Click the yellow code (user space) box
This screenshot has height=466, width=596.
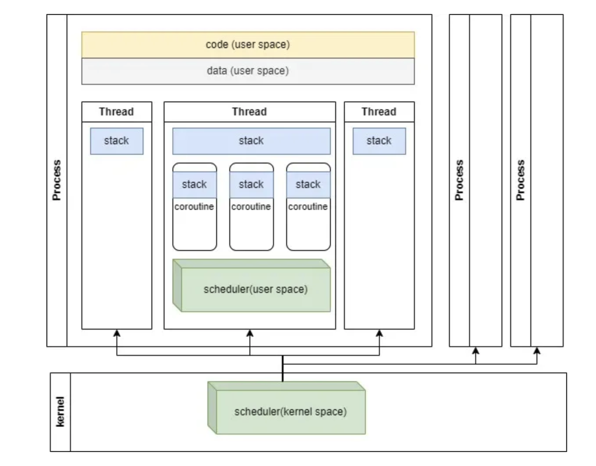coord(248,45)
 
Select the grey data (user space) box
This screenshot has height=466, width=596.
coord(248,71)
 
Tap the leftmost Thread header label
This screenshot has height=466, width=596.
coord(116,112)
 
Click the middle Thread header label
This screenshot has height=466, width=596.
coord(249,112)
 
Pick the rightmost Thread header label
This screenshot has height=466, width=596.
coord(379,112)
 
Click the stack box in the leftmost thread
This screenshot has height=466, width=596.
coord(116,141)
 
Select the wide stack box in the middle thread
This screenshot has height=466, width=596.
coord(251,141)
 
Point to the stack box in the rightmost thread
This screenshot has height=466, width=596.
coord(379,141)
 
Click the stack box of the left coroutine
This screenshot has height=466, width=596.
coord(194,184)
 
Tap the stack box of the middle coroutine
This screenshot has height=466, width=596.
coord(251,184)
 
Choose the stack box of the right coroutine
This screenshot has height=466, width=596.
coord(308,184)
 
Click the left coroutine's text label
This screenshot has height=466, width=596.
coord(194,207)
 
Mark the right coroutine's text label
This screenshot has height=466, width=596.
coord(308,207)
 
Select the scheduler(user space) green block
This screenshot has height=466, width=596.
coord(256,289)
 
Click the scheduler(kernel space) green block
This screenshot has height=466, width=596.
coord(291,412)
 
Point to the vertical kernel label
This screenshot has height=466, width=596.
coord(60,412)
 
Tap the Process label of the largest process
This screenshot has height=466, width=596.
coord(57,180)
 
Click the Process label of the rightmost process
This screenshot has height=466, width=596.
coord(520,180)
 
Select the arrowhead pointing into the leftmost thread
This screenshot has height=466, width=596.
coord(117,334)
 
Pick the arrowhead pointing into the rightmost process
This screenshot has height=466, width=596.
coord(537,351)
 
